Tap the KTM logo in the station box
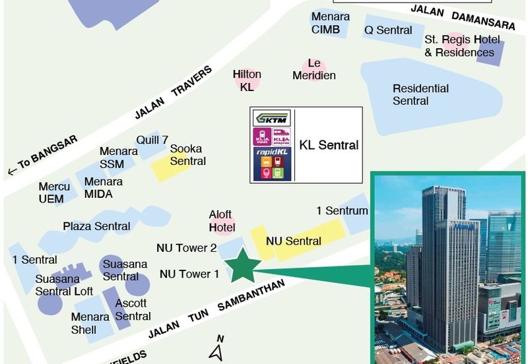pyautogui.click(x=272, y=119)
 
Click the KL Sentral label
pyautogui.click(x=329, y=145)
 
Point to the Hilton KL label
pyautogui.click(x=247, y=80)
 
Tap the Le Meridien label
pyautogui.click(x=314, y=69)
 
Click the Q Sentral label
pyautogui.click(x=388, y=30)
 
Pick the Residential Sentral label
pyautogui.click(x=420, y=94)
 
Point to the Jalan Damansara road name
pyautogui.click(x=471, y=18)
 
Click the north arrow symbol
pyautogui.click(x=216, y=350)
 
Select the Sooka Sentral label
pyautogui.click(x=188, y=155)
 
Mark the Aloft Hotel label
pyautogui.click(x=222, y=221)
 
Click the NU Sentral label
pyautogui.click(x=294, y=241)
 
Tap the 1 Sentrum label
pyautogui.click(x=342, y=211)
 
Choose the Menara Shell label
pyautogui.click(x=90, y=323)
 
